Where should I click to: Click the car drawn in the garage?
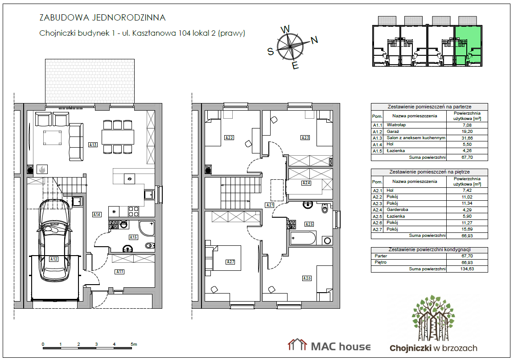[54, 240]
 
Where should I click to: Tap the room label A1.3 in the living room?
[93, 145]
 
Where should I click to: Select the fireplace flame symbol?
[42, 170]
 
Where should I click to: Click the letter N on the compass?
[314, 40]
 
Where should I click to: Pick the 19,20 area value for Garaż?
[467, 132]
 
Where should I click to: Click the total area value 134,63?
[467, 269]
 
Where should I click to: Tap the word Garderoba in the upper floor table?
[397, 210]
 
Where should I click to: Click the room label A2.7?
[230, 262]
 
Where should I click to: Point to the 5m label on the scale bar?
[134, 344]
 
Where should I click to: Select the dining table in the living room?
[118, 137]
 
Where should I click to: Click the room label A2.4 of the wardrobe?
[306, 183]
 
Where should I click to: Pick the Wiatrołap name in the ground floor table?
[396, 125]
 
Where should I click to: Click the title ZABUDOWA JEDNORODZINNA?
[102, 17]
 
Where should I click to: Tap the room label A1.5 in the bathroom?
[133, 237]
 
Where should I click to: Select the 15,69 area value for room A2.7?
[467, 229]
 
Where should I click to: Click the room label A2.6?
[307, 278]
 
